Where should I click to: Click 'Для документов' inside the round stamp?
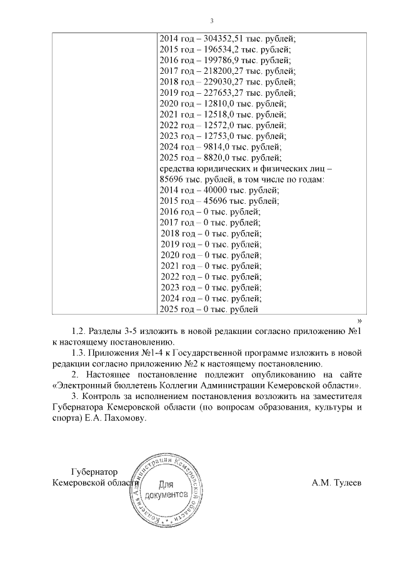(x=165, y=488)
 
